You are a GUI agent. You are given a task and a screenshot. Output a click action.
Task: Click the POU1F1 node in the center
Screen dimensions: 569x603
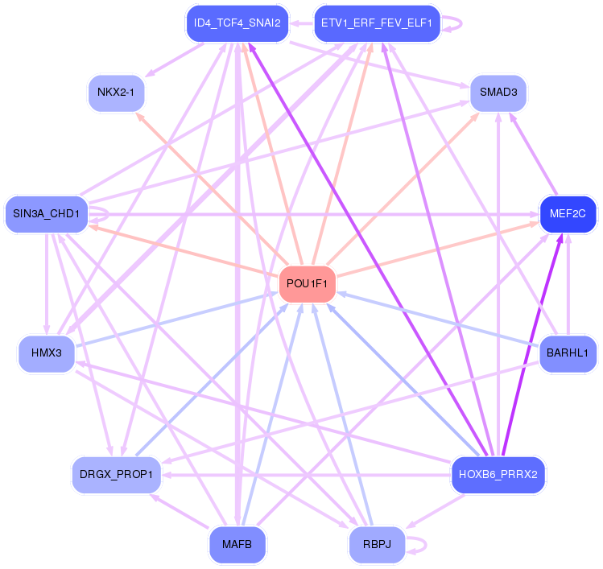coord(307,284)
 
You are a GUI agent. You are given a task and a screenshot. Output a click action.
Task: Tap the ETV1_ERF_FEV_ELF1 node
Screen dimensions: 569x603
coord(376,23)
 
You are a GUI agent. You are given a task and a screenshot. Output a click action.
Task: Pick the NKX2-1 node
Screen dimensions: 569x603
coord(117,92)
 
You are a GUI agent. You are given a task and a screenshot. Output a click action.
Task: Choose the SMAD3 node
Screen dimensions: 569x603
coord(498,92)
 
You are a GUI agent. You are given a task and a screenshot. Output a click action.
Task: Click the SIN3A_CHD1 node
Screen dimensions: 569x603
coord(46,213)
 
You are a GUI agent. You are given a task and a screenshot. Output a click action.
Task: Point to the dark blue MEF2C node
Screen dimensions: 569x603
coord(568,214)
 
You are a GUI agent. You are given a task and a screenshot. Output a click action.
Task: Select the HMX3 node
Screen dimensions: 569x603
coord(47,353)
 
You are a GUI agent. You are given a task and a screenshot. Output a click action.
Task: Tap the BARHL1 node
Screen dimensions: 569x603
coord(568,353)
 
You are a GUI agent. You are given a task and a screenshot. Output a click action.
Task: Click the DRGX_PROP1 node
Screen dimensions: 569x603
coord(116,474)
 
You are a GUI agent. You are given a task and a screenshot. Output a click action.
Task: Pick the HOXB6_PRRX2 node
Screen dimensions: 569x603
coord(498,473)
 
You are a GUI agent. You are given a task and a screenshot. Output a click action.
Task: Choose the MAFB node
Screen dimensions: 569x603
coord(237,544)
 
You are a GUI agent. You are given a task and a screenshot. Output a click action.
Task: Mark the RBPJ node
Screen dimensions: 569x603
coord(376,544)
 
